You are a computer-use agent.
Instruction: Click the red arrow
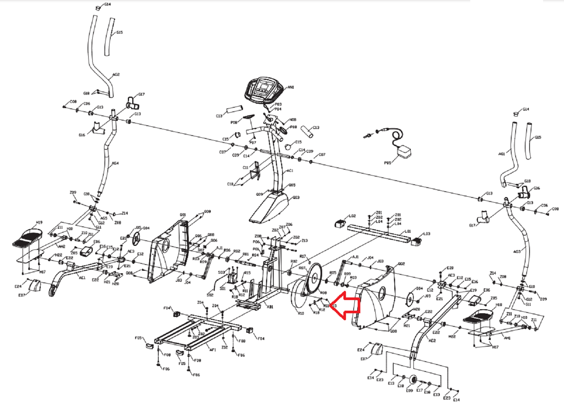(x=346, y=306)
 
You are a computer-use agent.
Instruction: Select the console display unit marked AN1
(x=263, y=90)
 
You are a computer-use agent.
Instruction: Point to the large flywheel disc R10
(x=298, y=296)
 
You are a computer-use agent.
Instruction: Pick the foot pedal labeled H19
(x=28, y=238)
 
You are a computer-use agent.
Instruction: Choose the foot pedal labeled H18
(x=478, y=317)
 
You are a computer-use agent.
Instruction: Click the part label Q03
(x=296, y=197)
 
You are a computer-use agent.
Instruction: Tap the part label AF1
(x=213, y=350)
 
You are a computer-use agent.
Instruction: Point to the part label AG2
(x=116, y=75)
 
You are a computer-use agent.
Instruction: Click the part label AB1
(x=270, y=307)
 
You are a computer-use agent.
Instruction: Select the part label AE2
(x=432, y=340)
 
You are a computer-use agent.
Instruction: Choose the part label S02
(x=210, y=295)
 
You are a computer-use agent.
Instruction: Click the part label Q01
(x=183, y=215)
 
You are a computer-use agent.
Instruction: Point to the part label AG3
(x=517, y=252)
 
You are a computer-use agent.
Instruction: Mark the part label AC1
(x=290, y=171)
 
